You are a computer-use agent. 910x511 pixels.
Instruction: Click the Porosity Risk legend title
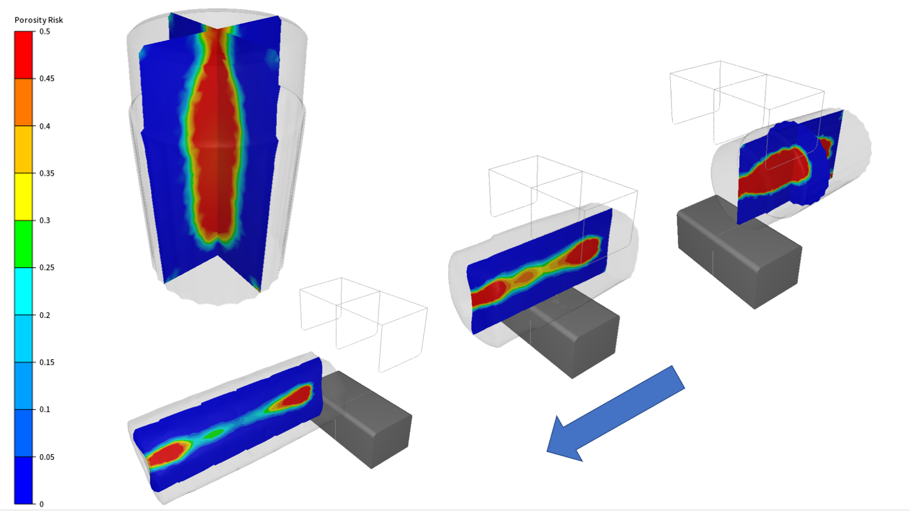click(x=39, y=20)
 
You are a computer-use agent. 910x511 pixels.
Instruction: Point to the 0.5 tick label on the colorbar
click(x=45, y=32)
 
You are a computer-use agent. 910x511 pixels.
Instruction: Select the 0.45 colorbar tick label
click(x=47, y=79)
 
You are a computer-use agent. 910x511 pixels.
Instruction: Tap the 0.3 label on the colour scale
click(x=45, y=221)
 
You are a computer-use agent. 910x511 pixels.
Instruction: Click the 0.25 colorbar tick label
click(x=47, y=267)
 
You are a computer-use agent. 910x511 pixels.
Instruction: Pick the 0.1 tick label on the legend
click(x=45, y=409)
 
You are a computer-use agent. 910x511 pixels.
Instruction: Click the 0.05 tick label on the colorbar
click(x=47, y=457)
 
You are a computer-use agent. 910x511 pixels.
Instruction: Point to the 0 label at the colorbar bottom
click(x=42, y=504)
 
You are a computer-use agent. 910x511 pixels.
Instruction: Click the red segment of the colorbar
click(x=24, y=55)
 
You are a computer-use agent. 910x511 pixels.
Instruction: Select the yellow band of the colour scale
click(x=24, y=196)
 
